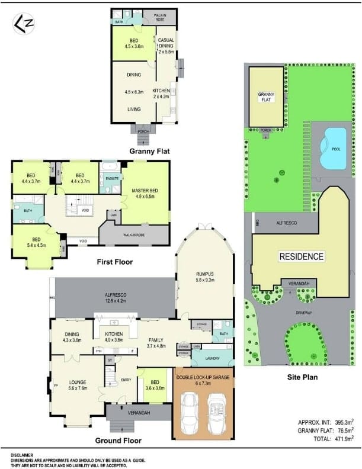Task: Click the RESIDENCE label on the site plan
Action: point(302,256)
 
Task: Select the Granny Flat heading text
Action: point(149,151)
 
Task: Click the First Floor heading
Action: point(114,262)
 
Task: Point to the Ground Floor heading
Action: point(118,441)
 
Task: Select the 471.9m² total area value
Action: point(341,438)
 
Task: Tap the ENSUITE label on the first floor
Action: point(111,178)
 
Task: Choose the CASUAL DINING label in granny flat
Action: point(165,45)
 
